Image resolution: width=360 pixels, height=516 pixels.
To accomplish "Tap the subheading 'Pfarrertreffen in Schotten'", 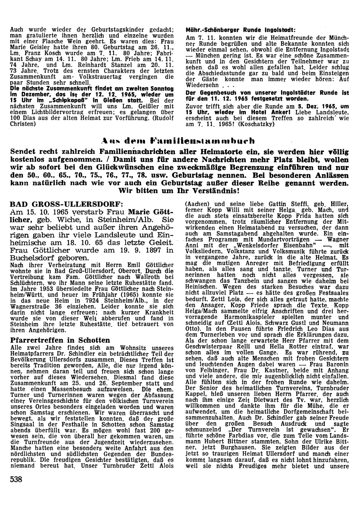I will (60, 340).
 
